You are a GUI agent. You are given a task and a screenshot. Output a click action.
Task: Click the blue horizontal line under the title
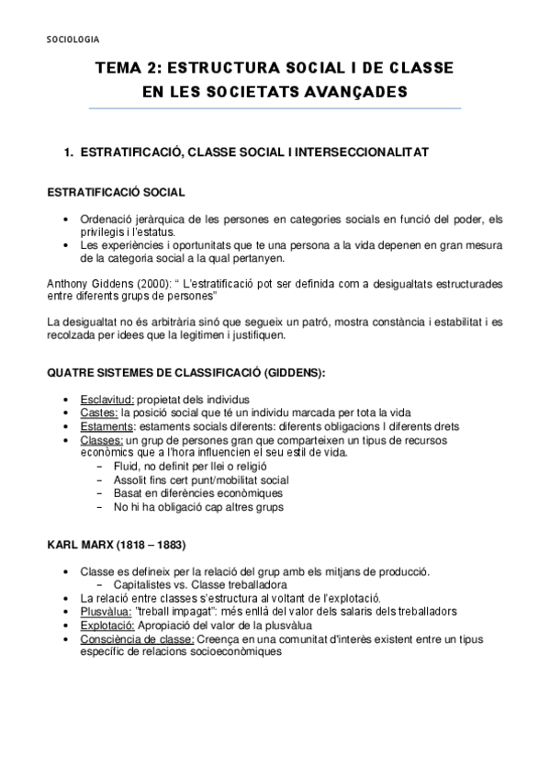[x=275, y=108]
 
